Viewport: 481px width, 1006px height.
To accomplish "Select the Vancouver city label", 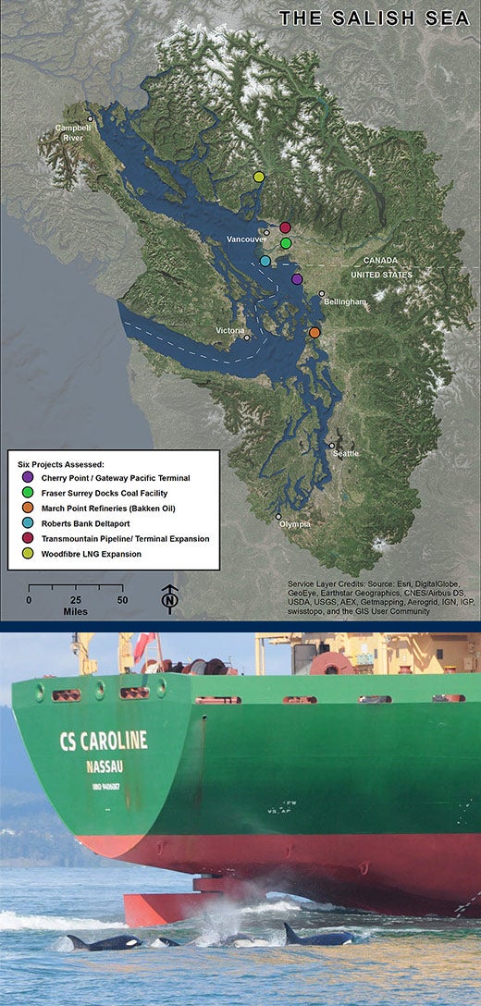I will [246, 239].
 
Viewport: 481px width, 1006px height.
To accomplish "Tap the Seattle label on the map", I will [346, 454].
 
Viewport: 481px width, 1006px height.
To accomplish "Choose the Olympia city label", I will [294, 524].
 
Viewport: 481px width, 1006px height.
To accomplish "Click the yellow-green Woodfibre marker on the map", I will [259, 177].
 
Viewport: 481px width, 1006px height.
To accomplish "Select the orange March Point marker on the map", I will [314, 332].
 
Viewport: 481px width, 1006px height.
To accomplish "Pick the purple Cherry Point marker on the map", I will [297, 278].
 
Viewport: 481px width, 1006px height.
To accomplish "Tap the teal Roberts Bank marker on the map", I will [265, 261].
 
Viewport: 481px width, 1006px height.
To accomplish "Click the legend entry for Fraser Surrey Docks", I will [115, 494].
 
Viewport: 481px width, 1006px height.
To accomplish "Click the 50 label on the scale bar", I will [122, 599].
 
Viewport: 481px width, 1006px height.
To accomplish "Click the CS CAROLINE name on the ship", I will [103, 741].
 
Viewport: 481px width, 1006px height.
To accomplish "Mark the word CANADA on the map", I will [381, 261].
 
